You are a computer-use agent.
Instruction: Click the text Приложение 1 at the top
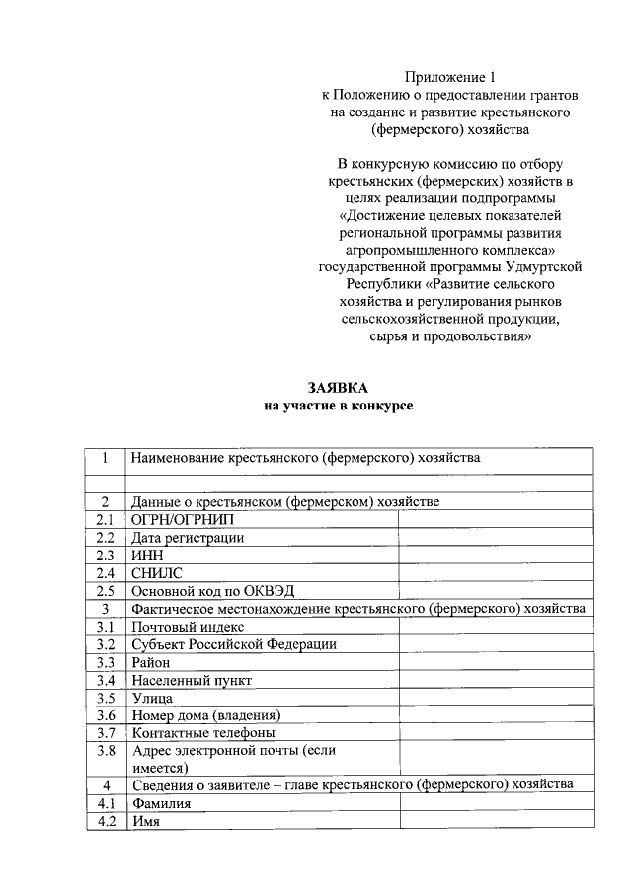(449, 77)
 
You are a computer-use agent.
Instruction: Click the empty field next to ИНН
(496, 555)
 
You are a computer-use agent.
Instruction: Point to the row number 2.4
(106, 572)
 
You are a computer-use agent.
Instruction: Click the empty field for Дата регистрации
(496, 537)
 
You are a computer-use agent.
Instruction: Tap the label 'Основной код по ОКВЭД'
(204, 590)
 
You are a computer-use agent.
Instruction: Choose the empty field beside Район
(496, 662)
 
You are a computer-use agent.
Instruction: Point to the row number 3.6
(106, 715)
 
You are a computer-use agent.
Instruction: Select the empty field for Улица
(496, 698)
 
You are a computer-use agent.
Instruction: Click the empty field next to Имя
(496, 822)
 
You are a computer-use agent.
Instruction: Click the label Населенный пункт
(192, 680)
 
